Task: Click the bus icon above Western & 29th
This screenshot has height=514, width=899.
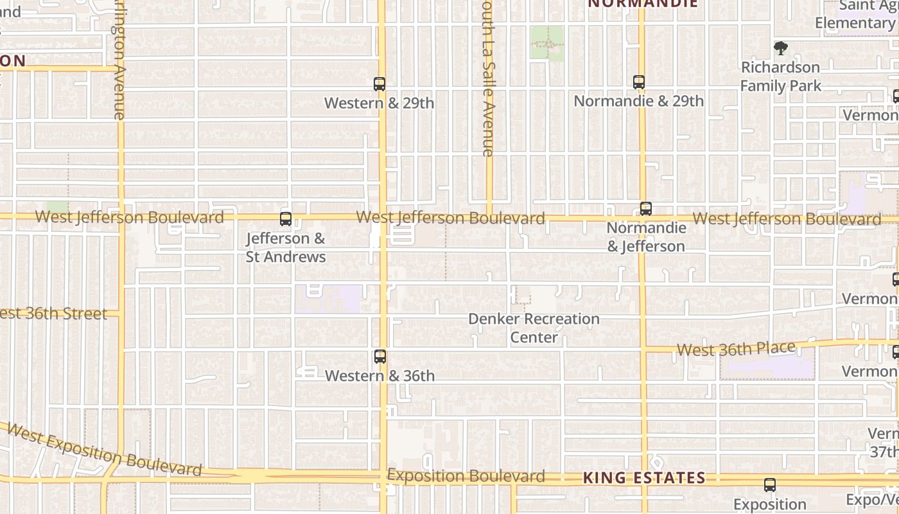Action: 380,84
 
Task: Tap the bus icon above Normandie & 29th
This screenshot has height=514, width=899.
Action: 638,82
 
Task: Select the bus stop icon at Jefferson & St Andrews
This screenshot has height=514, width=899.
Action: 286,219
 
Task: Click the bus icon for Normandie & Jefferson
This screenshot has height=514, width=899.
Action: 645,209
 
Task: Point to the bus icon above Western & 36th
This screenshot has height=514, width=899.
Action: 380,357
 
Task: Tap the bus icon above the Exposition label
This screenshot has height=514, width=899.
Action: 770,485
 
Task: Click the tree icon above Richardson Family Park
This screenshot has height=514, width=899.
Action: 781,48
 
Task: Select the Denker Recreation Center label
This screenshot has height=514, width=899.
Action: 534,328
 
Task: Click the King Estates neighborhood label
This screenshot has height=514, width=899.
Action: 644,478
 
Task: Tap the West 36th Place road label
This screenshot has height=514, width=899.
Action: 736,349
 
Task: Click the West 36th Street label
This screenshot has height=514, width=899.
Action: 54,314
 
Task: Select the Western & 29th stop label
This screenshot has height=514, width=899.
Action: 379,103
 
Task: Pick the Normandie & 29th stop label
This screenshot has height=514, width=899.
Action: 638,102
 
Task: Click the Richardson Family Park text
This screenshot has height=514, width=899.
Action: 780,76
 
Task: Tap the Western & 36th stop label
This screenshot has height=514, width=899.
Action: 380,376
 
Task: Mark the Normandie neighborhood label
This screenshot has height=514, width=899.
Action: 643,4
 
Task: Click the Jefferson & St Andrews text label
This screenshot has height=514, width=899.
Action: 286,247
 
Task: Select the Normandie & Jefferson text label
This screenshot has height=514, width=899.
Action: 646,237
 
